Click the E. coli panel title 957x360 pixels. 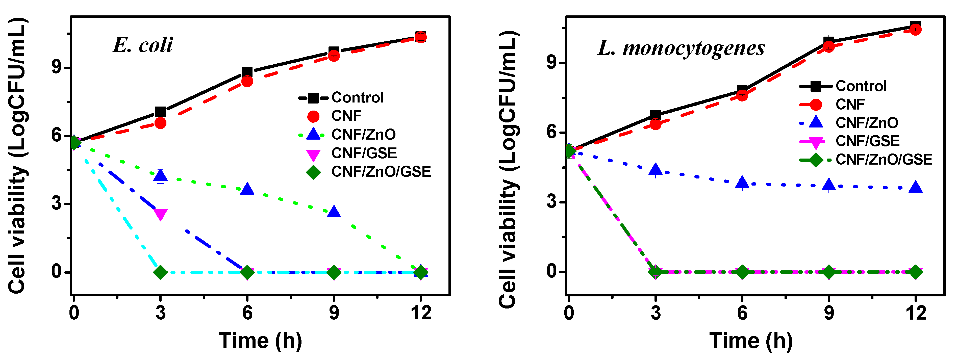143,45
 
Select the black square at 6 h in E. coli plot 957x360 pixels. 247,72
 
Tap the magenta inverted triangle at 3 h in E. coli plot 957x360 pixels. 161,214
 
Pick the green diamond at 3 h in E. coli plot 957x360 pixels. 161,272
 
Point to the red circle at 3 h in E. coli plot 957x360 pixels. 161,123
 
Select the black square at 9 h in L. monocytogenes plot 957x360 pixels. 828,41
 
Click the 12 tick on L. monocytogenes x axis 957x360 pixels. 915,313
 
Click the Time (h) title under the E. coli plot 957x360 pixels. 260,341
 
